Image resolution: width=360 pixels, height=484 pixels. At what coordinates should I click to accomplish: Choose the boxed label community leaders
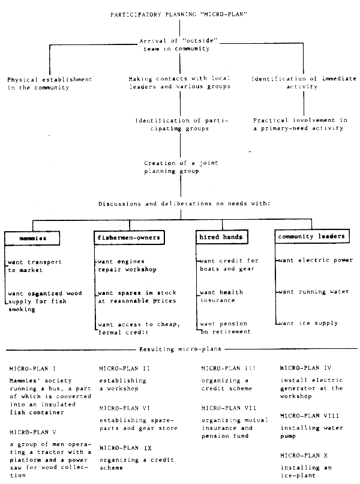point(311,237)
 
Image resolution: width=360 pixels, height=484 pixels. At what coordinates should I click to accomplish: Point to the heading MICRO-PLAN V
point(35,431)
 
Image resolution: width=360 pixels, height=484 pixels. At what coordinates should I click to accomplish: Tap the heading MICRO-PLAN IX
point(127,449)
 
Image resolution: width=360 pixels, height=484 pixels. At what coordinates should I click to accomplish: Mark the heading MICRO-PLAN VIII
point(313,416)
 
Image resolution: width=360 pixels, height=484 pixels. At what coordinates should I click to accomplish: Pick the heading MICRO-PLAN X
point(307,455)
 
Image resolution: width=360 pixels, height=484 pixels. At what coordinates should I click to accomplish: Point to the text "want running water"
point(313,292)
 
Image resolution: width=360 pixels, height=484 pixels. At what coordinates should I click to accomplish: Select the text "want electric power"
point(315,260)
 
